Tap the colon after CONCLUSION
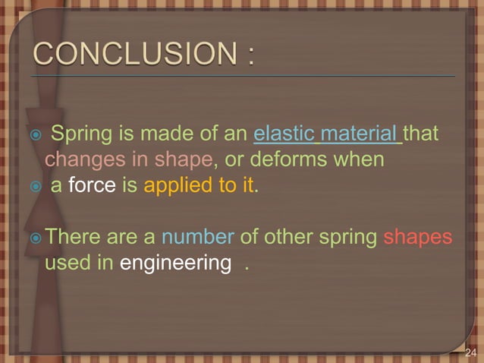250,55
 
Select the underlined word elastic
284,135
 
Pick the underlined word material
360,135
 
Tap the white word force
92,185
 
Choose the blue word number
197,238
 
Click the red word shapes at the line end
418,238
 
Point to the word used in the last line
67,264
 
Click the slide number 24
470,352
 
